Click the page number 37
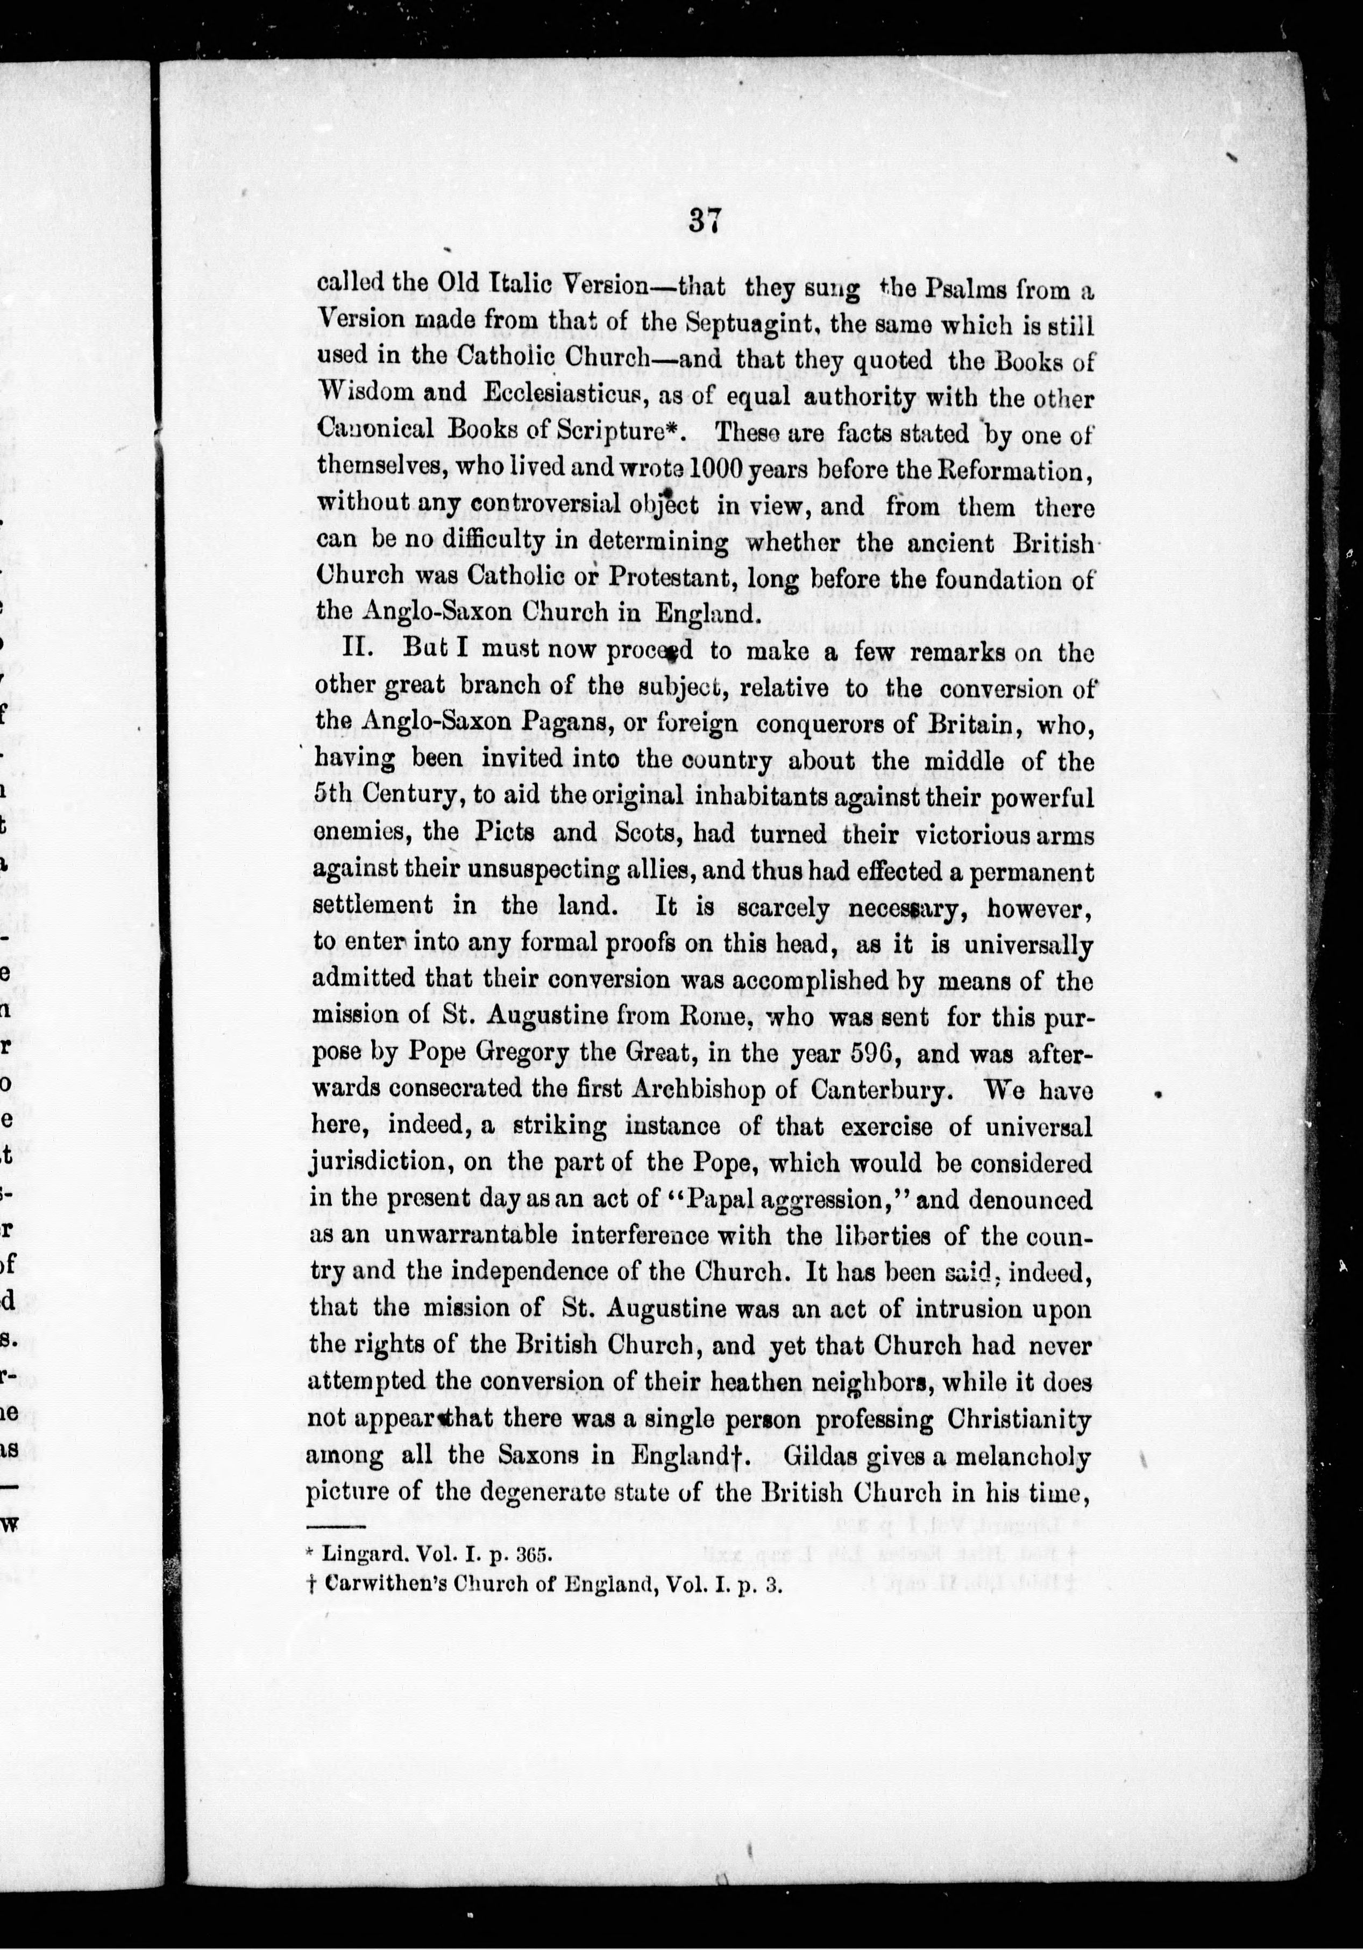coord(706,223)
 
